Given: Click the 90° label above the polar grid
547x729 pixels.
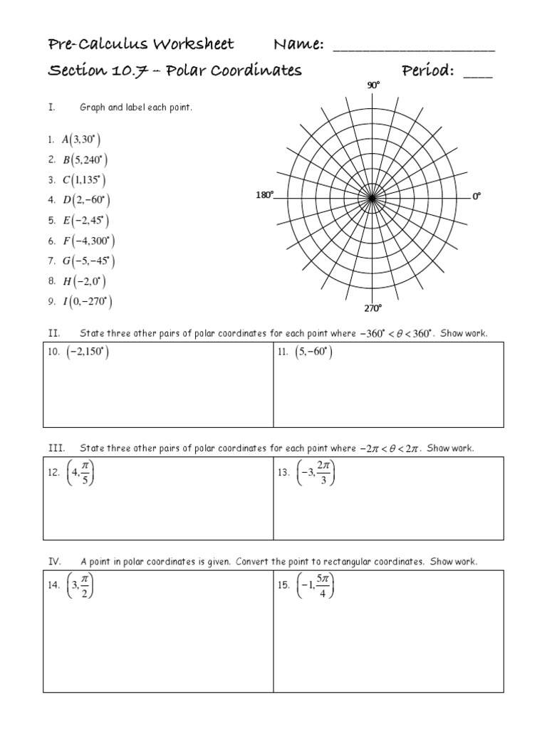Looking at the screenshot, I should click(x=373, y=85).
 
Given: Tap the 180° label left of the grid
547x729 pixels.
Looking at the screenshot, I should click(x=264, y=195).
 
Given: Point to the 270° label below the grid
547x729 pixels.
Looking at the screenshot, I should click(x=373, y=308).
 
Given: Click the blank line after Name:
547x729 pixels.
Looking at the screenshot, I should click(x=414, y=48).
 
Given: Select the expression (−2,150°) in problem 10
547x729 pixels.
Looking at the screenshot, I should click(x=87, y=352).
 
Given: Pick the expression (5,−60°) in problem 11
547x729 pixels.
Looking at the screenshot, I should click(x=314, y=352).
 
